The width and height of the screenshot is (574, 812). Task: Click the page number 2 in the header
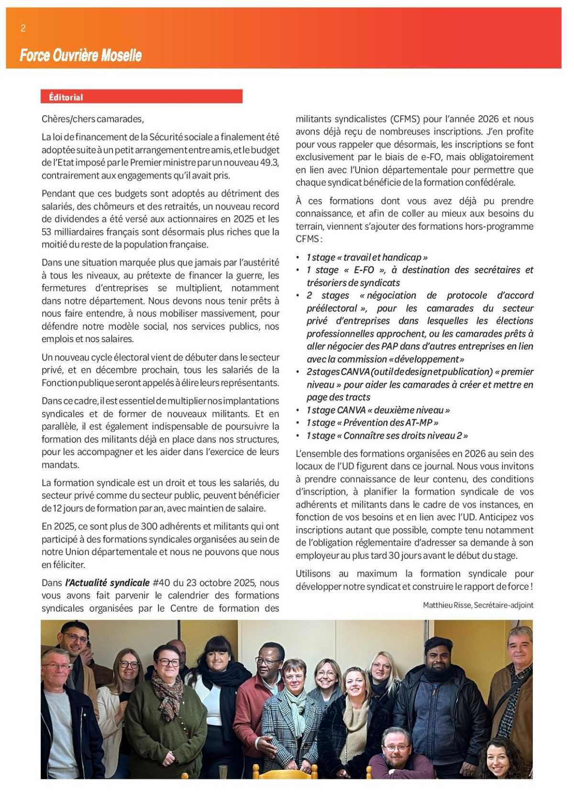pos(23,28)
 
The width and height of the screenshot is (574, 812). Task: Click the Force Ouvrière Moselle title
pos(80,56)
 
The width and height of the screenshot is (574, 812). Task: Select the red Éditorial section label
pos(66,97)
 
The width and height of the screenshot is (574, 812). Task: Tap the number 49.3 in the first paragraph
pos(269,162)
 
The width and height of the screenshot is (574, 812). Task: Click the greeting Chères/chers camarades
pos(92,119)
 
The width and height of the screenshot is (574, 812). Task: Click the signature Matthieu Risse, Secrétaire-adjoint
pos(477,605)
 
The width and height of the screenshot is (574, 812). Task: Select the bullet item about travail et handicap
pos(367,257)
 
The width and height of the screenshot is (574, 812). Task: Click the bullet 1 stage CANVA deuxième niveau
pos(378,410)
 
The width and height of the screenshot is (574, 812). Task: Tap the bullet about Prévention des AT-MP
pos(373,423)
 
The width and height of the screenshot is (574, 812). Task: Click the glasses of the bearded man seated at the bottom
pos(396,747)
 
